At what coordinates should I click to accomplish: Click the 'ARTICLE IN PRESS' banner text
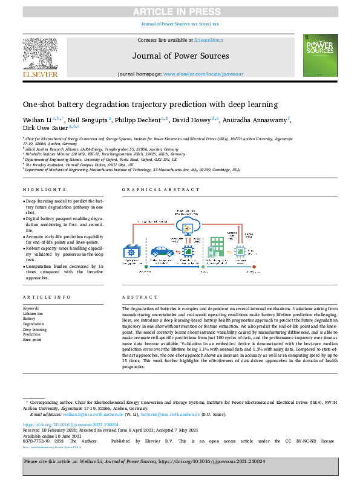[180, 12]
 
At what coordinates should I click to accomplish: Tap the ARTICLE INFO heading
[41, 297]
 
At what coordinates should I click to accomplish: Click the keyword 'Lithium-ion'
[33, 313]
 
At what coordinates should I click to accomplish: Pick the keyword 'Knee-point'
[32, 340]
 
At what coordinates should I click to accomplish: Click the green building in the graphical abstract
[216, 250]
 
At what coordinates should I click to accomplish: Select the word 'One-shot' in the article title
[43, 104]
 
